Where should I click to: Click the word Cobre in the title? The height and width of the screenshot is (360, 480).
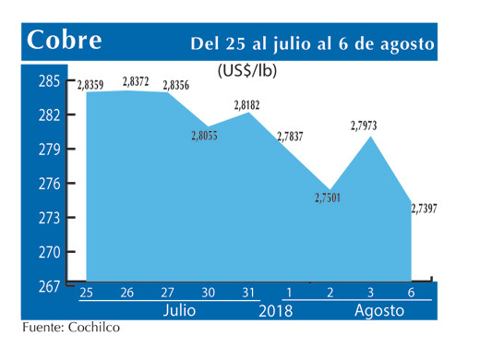(x=65, y=41)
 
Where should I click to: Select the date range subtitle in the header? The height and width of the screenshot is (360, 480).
(x=313, y=43)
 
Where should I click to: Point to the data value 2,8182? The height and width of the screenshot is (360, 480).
(x=246, y=106)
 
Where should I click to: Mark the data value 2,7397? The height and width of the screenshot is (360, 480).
(x=429, y=209)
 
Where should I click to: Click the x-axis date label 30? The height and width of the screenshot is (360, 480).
(x=209, y=294)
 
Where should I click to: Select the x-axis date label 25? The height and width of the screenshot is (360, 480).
(x=87, y=294)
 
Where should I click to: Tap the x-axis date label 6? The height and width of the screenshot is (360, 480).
(x=410, y=294)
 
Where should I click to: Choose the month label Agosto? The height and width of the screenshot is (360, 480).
(x=379, y=311)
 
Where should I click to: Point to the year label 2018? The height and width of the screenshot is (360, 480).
(x=274, y=311)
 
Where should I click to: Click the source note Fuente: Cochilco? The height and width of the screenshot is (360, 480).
(x=72, y=326)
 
